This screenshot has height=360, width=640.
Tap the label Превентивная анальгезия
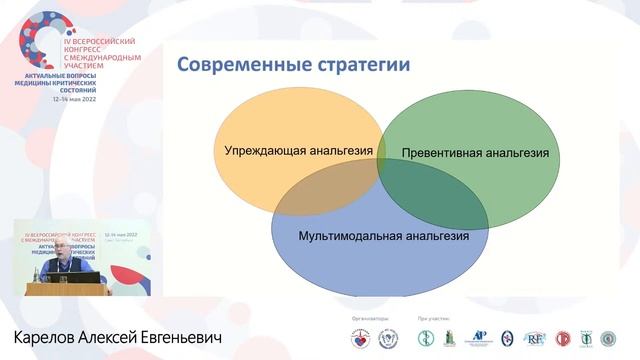click(x=475, y=154)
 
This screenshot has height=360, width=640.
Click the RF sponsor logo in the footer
click(x=536, y=337)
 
